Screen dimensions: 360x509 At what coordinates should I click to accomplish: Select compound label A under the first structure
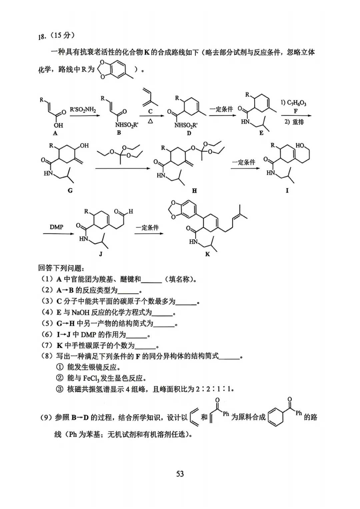[x=55, y=133]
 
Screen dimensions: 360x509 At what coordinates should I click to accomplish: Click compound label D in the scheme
[x=189, y=133]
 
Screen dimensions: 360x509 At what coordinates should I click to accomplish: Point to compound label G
[x=70, y=191]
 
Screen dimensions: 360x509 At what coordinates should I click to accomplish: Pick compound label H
[x=194, y=191]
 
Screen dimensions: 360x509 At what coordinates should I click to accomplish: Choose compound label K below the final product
[x=207, y=254]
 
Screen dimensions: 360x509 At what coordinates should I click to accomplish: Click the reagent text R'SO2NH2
[x=83, y=110]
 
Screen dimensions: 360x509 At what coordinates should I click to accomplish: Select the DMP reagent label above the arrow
[x=56, y=227]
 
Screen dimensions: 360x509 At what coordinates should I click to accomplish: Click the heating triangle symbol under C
[x=150, y=121]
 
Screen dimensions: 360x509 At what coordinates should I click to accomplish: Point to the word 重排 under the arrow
[x=298, y=122]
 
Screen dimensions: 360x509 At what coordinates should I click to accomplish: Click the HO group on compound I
[x=300, y=145]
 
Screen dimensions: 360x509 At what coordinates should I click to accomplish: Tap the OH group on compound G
[x=84, y=145]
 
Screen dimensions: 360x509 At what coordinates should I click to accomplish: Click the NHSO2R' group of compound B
[x=127, y=125]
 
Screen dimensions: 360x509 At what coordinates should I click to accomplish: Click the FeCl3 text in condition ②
[x=91, y=378]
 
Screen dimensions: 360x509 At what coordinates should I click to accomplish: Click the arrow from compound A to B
[x=85, y=116]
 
